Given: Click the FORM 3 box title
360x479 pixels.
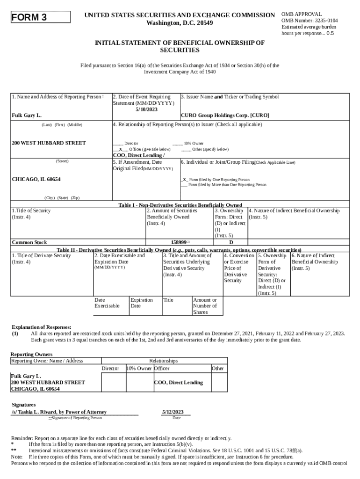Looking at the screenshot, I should click(x=29, y=18).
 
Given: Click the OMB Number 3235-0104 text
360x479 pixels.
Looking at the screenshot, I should click(x=310, y=21).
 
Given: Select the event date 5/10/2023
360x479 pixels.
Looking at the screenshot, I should click(x=146, y=109).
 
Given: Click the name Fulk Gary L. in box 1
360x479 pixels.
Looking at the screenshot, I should click(x=27, y=115).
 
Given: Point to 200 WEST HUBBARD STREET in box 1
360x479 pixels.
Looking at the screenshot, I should click(x=49, y=143).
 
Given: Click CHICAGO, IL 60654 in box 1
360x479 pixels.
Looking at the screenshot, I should click(x=36, y=180).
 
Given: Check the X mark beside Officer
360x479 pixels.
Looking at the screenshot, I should click(x=120, y=149).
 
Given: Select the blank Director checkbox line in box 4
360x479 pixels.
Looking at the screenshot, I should click(x=118, y=143).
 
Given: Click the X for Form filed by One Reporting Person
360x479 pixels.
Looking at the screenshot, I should click(x=185, y=180).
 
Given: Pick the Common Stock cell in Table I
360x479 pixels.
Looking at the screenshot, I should click(x=29, y=242).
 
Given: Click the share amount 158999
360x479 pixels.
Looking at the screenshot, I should click(x=179, y=242).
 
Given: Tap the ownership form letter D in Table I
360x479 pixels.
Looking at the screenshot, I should click(x=230, y=242).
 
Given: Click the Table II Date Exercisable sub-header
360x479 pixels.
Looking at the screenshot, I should click(x=107, y=303).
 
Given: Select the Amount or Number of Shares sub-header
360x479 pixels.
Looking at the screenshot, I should click(x=205, y=306).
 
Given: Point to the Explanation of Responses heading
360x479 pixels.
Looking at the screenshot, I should click(x=42, y=327).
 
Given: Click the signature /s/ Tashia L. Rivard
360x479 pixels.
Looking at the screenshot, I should click(x=59, y=412).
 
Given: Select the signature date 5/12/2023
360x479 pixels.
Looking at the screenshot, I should click(x=173, y=412).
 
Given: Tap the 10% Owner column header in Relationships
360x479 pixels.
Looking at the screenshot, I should click(x=139, y=369).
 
